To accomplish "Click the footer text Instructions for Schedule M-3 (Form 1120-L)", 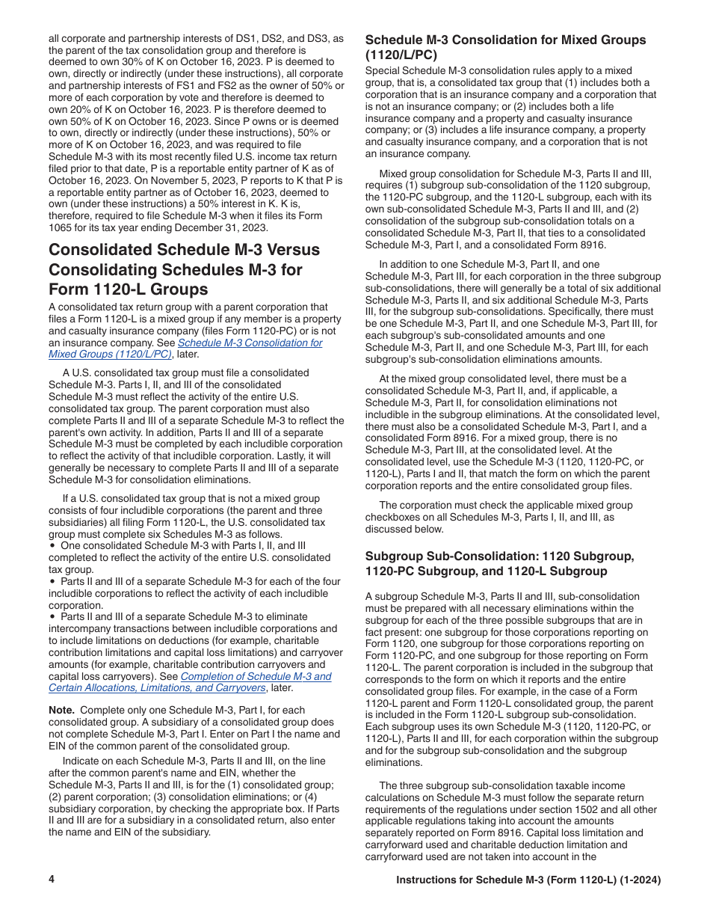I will tap(528, 880).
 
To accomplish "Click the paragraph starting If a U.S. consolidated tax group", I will tap(196, 516).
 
